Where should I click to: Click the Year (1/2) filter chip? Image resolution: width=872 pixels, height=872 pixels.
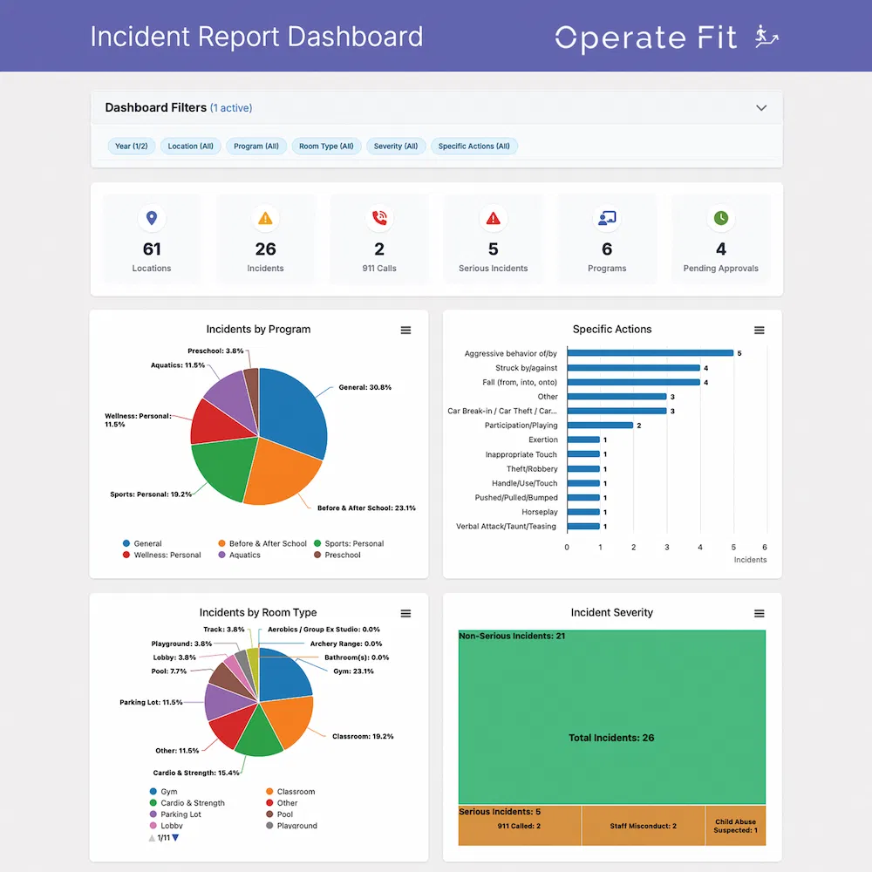point(131,146)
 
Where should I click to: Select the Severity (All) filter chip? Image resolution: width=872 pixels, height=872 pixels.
point(396,146)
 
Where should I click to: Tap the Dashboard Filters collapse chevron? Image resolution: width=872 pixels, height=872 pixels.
point(761,108)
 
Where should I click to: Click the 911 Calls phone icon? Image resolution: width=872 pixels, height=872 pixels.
point(379,218)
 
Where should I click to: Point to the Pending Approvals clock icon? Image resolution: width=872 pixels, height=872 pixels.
point(721,218)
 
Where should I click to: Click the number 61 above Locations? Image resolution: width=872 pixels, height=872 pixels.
point(152,249)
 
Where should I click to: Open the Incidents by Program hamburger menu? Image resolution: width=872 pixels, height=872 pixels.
point(405,330)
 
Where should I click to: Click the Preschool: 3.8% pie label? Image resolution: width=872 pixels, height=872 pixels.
point(215,351)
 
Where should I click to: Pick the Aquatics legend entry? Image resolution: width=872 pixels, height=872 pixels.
point(244,555)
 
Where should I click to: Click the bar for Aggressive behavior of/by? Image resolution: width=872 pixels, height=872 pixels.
point(651,353)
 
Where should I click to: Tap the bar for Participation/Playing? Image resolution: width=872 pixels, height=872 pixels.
point(601,426)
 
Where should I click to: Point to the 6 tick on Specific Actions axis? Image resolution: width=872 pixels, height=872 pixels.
point(765,547)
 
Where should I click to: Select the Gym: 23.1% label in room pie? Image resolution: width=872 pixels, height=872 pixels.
point(353,671)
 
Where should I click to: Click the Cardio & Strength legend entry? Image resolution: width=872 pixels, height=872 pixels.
point(192,803)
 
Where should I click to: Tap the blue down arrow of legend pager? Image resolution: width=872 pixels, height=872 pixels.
point(175,838)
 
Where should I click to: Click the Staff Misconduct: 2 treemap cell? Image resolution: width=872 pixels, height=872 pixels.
point(643,826)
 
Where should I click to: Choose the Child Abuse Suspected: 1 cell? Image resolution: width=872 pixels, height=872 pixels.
point(735,826)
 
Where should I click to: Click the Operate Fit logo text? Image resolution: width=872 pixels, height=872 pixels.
point(645,37)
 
